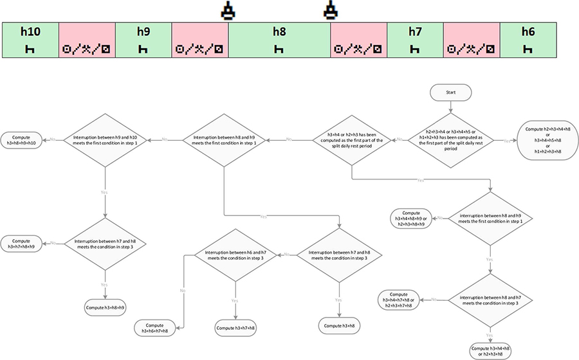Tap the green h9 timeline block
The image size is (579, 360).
click(x=143, y=39)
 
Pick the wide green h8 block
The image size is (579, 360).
click(x=279, y=39)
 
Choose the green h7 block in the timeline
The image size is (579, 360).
click(x=415, y=39)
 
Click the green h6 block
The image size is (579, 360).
click(x=528, y=39)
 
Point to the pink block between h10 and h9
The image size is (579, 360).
click(x=86, y=39)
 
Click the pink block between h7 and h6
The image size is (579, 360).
click(x=472, y=39)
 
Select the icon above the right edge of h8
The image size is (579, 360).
click(x=331, y=11)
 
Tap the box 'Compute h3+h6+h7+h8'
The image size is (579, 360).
click(x=158, y=328)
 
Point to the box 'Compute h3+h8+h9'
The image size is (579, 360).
click(x=104, y=307)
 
